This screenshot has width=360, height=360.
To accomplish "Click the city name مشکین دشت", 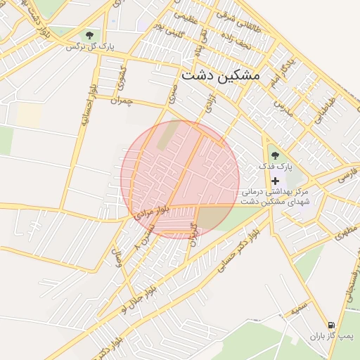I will pos(220,74).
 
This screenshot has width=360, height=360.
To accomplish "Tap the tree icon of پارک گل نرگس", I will pos(89,35).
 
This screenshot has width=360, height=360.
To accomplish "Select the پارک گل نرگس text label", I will pos(90,47).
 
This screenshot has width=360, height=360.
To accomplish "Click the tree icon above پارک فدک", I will pos(274,155).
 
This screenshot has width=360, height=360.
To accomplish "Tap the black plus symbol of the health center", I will pos(274,181).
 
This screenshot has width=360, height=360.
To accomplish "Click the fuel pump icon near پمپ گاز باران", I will pos(331,325).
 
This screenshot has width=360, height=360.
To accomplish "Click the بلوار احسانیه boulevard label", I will pos(85,106).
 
